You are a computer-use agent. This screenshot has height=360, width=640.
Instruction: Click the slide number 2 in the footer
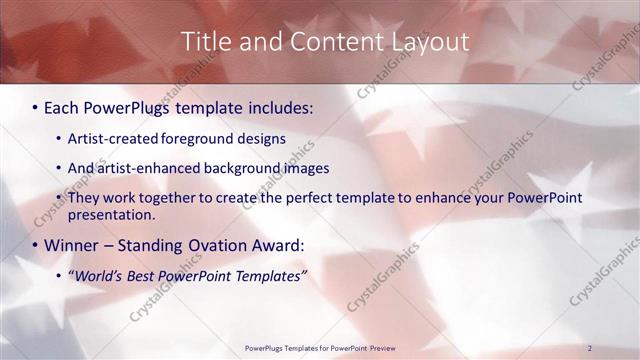click(590, 347)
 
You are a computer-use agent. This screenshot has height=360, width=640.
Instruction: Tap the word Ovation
click(207, 245)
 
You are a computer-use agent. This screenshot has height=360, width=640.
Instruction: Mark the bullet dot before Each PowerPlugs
click(36, 105)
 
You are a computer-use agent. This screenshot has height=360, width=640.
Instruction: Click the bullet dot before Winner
click(36, 245)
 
